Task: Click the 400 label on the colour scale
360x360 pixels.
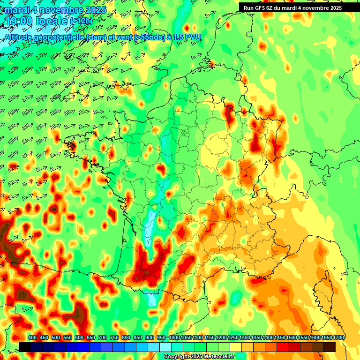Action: click(x=32, y=337)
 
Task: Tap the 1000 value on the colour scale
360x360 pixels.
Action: click(x=174, y=337)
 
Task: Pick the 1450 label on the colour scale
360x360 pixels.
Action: click(x=280, y=337)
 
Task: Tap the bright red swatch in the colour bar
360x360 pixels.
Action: click(x=283, y=347)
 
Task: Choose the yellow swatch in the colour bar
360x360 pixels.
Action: click(x=236, y=347)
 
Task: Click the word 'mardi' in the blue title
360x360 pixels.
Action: click(x=16, y=10)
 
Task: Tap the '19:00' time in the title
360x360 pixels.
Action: click(x=18, y=21)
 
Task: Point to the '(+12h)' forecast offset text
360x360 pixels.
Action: click(x=81, y=21)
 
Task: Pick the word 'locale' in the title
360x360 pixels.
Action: click(x=52, y=21)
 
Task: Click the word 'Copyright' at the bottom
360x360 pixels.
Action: click(x=177, y=357)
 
